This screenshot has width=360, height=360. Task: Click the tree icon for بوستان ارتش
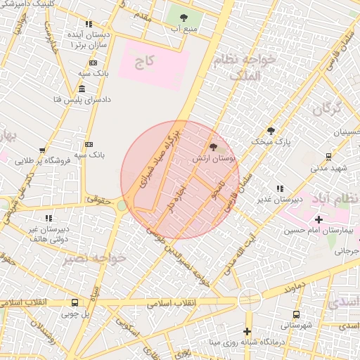(x=214, y=148)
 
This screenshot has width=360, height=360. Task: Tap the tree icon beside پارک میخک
(x=271, y=130)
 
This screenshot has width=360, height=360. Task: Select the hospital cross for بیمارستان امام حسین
(x=320, y=221)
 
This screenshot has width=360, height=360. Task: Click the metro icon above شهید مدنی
(x=328, y=157)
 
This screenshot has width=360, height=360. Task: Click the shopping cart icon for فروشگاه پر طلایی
(x=43, y=150)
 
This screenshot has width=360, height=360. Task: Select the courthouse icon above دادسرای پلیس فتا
(x=82, y=89)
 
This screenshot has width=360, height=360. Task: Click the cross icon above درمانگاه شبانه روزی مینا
(x=247, y=331)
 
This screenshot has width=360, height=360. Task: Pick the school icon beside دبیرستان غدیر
(x=281, y=188)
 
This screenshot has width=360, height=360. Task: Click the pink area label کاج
(x=144, y=62)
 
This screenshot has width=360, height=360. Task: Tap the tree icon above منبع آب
(x=184, y=18)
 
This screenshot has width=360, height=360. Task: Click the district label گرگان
(x=326, y=110)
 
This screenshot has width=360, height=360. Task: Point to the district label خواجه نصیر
(x=94, y=258)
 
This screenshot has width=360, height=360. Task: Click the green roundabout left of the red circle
(x=122, y=205)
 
